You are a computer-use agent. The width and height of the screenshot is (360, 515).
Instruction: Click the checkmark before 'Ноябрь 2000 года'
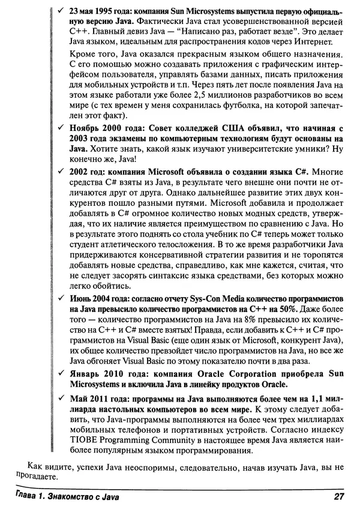point(58,128)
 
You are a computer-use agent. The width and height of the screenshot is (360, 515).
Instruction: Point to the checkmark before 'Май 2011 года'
point(58,399)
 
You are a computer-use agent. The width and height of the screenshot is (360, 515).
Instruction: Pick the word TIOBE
point(82,445)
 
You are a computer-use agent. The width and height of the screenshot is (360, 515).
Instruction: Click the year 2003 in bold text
point(80,140)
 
